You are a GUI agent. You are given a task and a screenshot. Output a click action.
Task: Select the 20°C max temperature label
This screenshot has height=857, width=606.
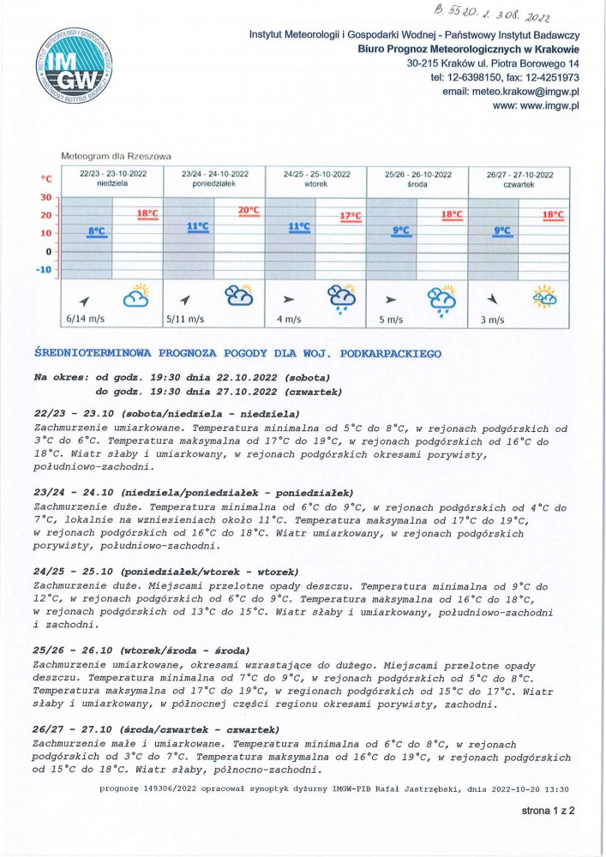point(249,210)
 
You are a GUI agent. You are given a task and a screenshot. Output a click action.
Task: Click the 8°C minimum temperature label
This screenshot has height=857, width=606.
point(96,231)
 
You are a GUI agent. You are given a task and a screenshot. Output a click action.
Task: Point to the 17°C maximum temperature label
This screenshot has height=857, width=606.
point(351,216)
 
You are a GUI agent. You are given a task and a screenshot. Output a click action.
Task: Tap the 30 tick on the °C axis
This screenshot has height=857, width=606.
point(47,196)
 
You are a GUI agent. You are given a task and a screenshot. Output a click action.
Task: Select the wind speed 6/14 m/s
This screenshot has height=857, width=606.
point(85,320)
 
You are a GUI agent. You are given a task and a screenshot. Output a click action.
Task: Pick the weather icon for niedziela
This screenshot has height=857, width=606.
point(136,297)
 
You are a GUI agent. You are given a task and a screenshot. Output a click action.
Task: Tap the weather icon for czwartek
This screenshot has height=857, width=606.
point(544,297)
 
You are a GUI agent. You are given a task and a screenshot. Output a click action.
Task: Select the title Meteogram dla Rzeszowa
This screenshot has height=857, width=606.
point(117,157)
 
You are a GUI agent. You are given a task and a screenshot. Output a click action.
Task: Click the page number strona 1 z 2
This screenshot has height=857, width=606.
point(549,809)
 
